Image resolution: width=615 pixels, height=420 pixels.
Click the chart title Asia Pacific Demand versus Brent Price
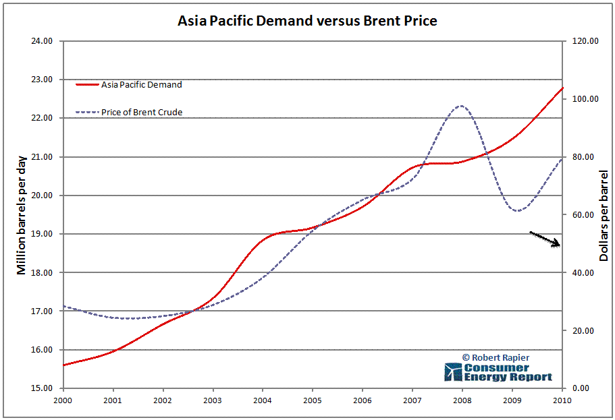[307, 21]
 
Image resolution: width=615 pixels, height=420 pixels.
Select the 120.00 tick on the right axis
[585, 41]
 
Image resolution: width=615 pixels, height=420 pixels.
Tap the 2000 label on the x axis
[63, 400]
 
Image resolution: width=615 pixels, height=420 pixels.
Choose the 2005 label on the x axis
[313, 400]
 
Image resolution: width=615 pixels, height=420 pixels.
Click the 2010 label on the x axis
[562, 400]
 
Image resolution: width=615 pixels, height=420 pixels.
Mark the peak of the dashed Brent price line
[460, 105]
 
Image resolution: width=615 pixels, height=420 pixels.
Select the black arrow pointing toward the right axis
[545, 239]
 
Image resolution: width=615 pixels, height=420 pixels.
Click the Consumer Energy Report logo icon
[453, 372]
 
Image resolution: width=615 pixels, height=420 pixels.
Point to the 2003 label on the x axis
[213, 400]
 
